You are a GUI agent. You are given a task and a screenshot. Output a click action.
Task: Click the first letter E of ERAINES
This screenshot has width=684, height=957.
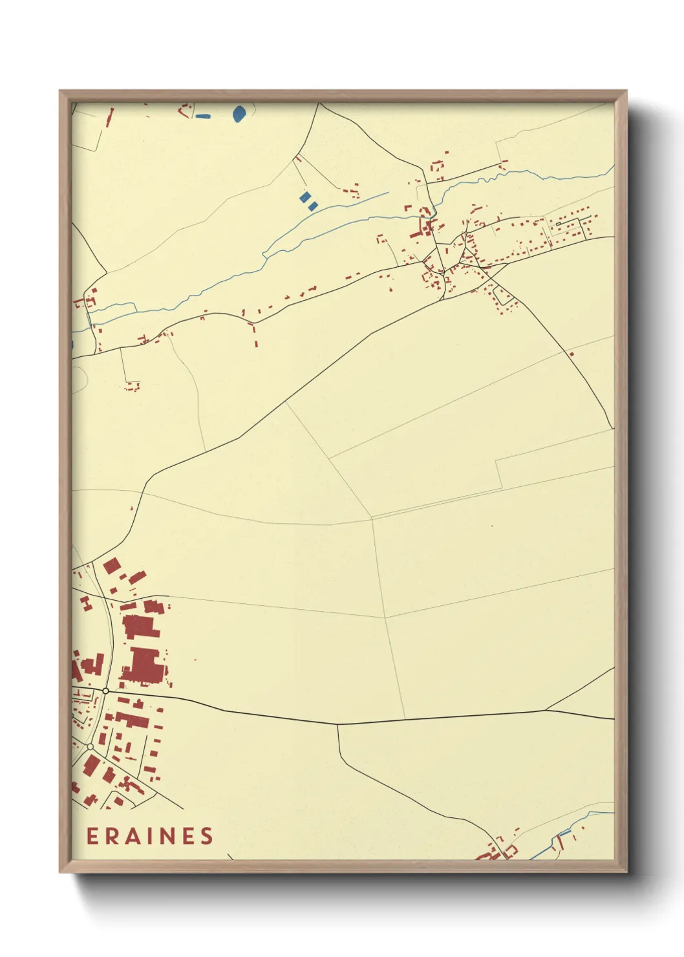[92, 836]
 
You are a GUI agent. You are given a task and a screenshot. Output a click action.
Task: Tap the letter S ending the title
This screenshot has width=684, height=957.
[207, 836]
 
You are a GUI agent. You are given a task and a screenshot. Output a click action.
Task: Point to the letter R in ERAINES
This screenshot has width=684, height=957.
[111, 836]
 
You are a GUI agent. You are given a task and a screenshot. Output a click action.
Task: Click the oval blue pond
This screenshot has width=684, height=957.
[239, 114]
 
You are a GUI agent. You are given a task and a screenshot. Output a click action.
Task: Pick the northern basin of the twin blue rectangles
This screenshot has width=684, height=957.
[305, 197]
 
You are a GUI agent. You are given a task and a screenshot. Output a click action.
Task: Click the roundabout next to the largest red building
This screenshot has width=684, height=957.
[105, 691]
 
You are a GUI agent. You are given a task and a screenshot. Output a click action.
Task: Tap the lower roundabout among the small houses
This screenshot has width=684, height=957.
[90, 747]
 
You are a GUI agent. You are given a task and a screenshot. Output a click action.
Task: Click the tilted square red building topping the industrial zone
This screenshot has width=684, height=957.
[112, 566]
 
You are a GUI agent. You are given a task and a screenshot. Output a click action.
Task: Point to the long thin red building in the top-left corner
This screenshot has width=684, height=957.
[109, 117]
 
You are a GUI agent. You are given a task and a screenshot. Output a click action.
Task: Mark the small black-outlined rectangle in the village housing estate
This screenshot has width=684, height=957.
[558, 224]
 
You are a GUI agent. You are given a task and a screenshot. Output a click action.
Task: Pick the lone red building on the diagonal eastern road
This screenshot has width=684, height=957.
[571, 353]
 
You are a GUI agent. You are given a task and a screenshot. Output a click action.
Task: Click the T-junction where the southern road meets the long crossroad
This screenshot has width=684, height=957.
[337, 724]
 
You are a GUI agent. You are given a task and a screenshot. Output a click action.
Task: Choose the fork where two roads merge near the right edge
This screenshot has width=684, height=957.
[546, 709]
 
